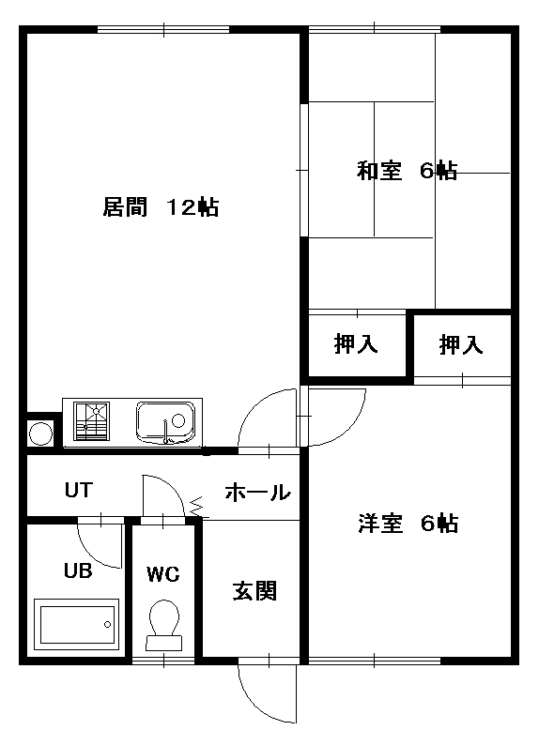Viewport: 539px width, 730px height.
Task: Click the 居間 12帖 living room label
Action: [x=161, y=206]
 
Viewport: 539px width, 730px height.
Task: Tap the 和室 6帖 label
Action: [x=407, y=171]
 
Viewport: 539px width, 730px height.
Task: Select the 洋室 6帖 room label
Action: [x=408, y=523]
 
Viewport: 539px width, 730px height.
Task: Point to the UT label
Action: [x=79, y=490]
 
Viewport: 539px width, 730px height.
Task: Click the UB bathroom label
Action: [x=78, y=570]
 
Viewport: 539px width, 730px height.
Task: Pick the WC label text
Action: [x=163, y=574]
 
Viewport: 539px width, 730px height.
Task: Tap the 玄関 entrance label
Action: [x=254, y=591]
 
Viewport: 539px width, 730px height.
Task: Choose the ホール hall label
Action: [x=257, y=492]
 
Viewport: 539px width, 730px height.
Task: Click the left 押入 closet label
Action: [x=356, y=344]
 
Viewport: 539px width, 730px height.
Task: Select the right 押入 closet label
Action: [x=461, y=345]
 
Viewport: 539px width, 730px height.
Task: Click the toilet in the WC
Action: [x=164, y=625]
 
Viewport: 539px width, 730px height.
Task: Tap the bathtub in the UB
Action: [x=76, y=624]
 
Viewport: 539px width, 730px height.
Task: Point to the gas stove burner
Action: [x=92, y=421]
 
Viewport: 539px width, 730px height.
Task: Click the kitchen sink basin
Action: [x=165, y=422]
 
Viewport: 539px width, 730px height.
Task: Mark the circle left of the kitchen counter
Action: [x=41, y=433]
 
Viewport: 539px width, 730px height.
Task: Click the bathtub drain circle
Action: [x=108, y=624]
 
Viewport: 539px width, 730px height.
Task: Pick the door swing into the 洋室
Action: [x=353, y=427]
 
